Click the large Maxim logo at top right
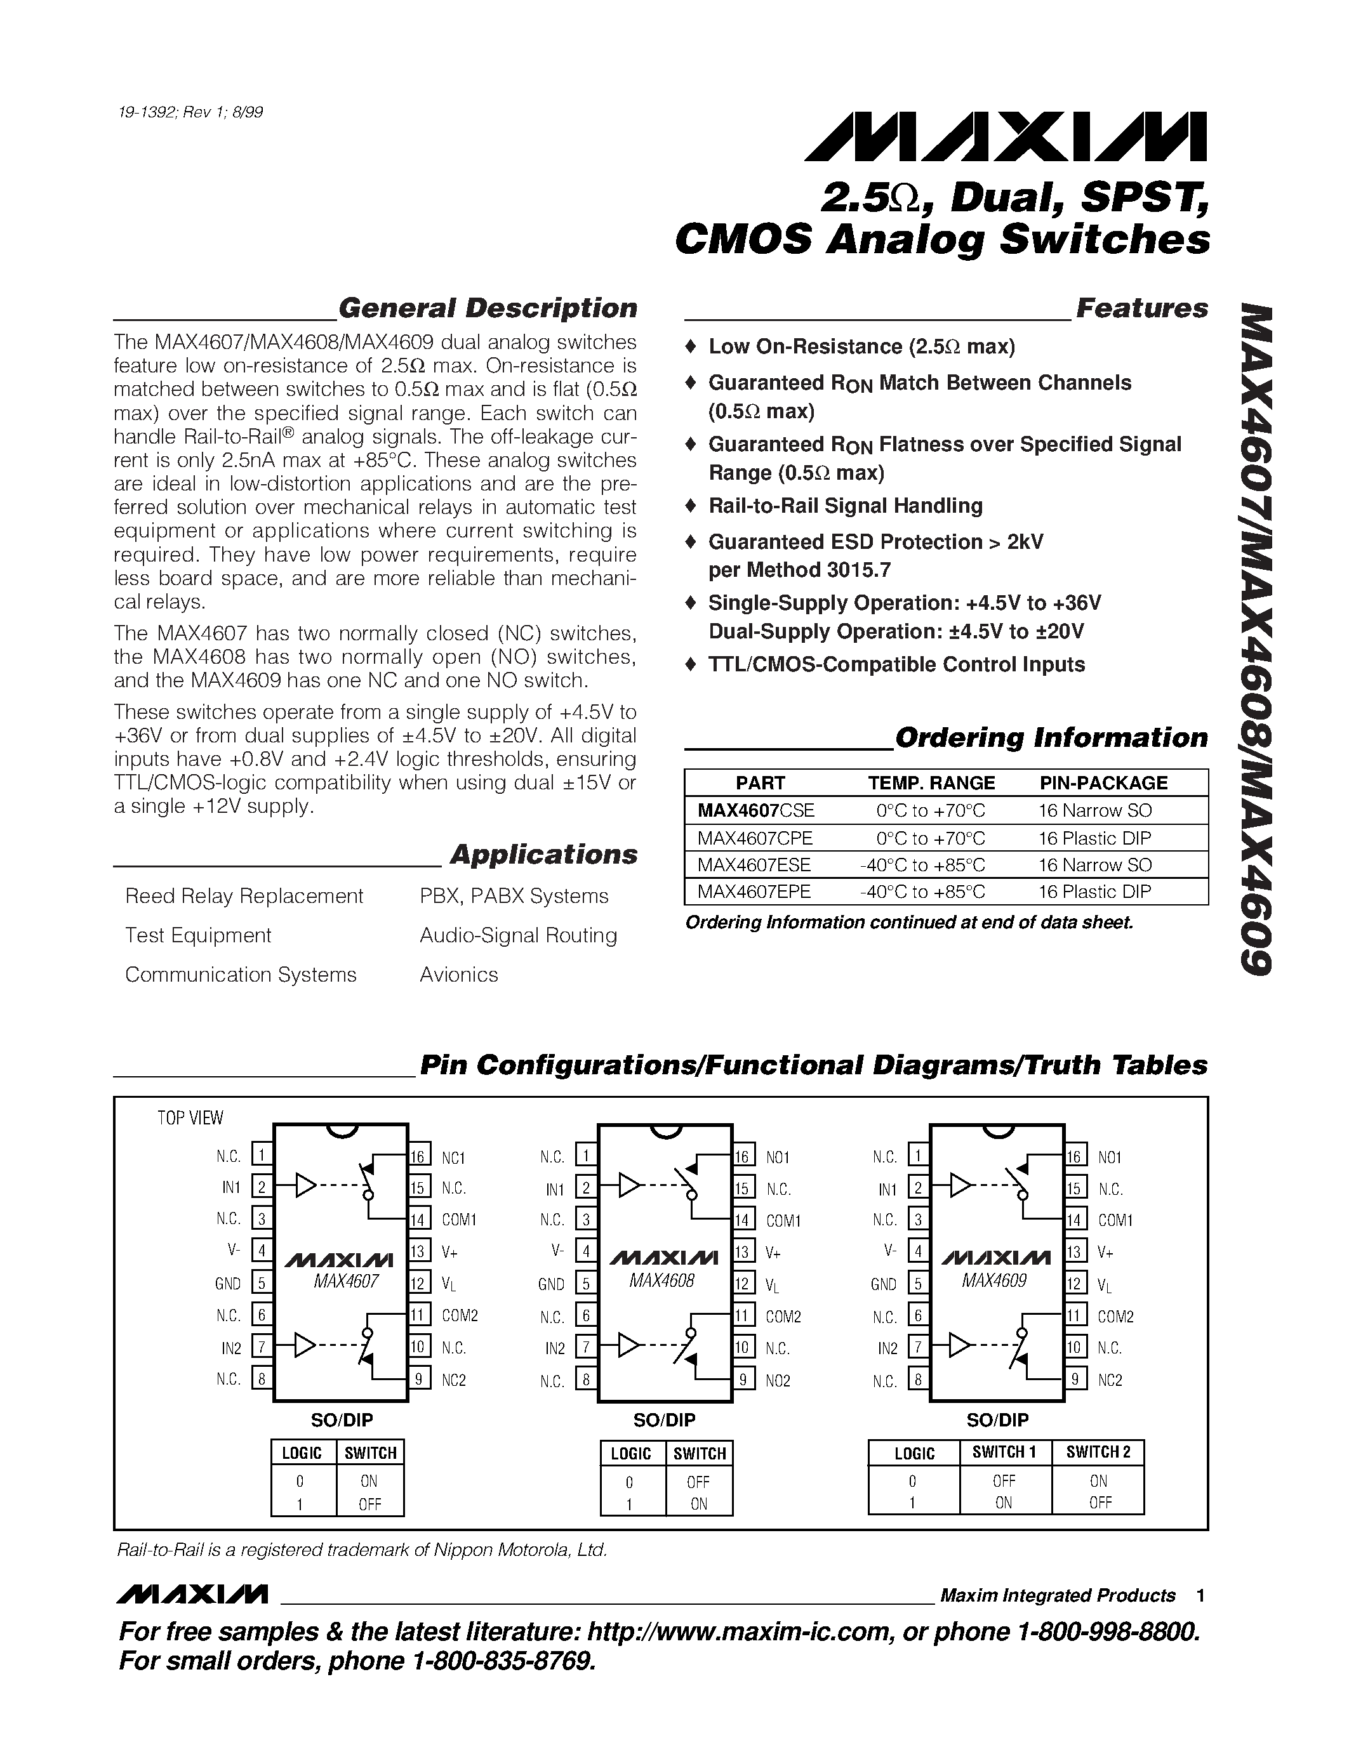(x=1006, y=138)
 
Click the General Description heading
(x=488, y=308)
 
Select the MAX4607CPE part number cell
(x=754, y=838)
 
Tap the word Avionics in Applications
(x=459, y=975)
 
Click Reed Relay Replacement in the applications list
(x=244, y=897)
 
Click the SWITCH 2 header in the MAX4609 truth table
(x=1098, y=1452)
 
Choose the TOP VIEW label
(x=190, y=1118)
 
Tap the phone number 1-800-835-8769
(x=504, y=1662)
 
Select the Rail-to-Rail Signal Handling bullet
(x=846, y=506)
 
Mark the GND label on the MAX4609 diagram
(x=883, y=1284)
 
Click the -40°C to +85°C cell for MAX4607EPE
(x=922, y=892)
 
